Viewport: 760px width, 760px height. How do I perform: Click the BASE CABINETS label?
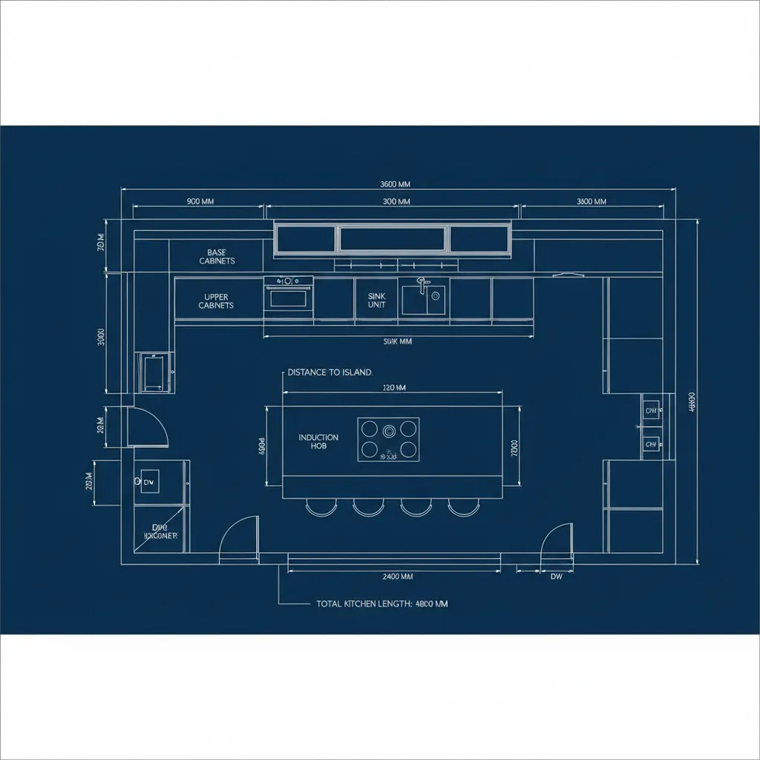217,257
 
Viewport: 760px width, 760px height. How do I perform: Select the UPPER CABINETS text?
217,301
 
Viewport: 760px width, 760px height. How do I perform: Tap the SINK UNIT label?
377,300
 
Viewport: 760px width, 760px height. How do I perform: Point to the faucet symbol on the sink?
422,284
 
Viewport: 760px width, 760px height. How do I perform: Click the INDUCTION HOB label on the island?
318,442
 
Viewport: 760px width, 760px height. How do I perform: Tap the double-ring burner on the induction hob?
389,429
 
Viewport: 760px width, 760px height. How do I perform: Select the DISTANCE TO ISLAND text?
330,373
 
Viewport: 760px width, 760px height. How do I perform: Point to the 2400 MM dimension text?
397,576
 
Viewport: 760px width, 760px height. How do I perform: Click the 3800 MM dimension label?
591,201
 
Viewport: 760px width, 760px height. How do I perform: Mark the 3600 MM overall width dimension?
395,184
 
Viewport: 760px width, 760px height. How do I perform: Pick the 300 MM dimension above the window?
396,201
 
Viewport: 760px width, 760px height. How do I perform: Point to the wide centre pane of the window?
394,239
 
